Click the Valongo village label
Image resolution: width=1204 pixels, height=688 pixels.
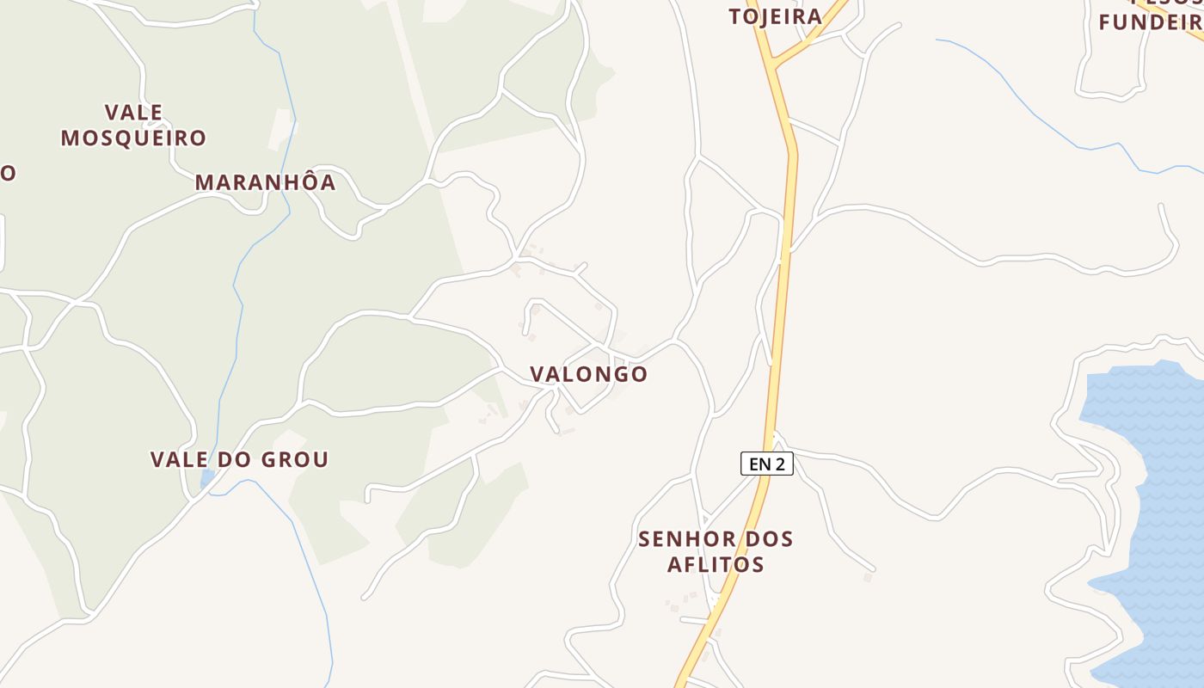pyautogui.click(x=588, y=374)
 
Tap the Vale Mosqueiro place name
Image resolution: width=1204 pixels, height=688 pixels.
pyautogui.click(x=133, y=125)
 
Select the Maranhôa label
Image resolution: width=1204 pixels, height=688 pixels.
pyautogui.click(x=265, y=182)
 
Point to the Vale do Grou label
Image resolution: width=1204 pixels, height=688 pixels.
pyautogui.click(x=239, y=459)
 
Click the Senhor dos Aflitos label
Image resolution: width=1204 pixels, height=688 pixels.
pyautogui.click(x=716, y=551)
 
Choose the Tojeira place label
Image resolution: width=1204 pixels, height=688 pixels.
pyautogui.click(x=775, y=16)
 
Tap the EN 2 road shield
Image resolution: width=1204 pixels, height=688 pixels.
pyautogui.click(x=766, y=464)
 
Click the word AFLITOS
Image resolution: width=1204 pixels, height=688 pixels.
pyautogui.click(x=716, y=564)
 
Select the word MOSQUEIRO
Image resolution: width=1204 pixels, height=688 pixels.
pyautogui.click(x=133, y=138)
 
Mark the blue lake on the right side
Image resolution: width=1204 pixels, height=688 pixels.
pyautogui.click(x=1152, y=516)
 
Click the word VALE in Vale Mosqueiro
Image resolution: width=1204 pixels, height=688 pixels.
pyautogui.click(x=133, y=112)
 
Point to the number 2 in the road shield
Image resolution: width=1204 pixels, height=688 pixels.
pyautogui.click(x=779, y=464)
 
